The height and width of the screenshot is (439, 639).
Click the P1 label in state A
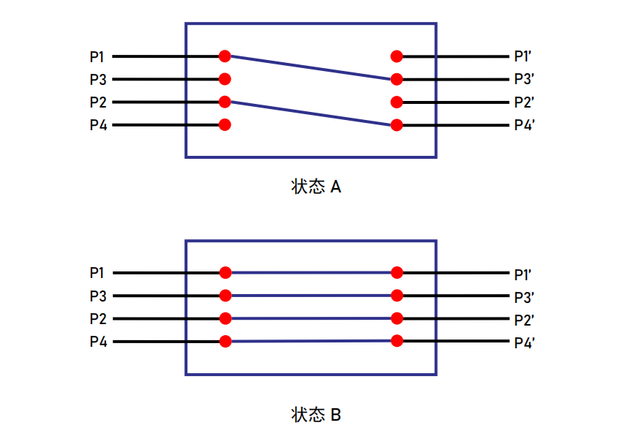pyautogui.click(x=97, y=56)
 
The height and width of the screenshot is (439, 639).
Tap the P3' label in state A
pyautogui.click(x=524, y=79)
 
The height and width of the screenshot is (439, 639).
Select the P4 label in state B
pyautogui.click(x=98, y=342)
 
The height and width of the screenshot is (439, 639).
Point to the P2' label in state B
pyautogui.click(x=524, y=320)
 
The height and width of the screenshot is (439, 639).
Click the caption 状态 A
pyautogui.click(x=316, y=187)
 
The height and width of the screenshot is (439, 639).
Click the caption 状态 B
pyautogui.click(x=316, y=415)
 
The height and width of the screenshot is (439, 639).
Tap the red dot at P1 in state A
pyautogui.click(x=225, y=56)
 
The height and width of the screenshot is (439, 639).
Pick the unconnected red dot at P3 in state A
pyautogui.click(x=225, y=79)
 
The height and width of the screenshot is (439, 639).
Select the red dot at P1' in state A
pyautogui.click(x=397, y=56)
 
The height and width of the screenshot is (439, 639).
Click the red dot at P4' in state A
pyautogui.click(x=397, y=125)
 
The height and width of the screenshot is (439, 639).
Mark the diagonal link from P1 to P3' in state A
pyautogui.click(x=310, y=67)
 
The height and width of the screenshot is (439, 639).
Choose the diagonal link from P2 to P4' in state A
pyautogui.click(x=310, y=113)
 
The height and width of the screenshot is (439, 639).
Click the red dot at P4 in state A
pyautogui.click(x=225, y=124)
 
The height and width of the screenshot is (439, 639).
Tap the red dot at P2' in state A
pyautogui.click(x=397, y=102)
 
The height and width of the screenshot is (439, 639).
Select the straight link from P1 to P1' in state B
pyautogui.click(x=311, y=272)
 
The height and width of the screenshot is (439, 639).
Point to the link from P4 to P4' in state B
pyautogui.click(x=311, y=341)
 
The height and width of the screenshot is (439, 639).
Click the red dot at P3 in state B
pyautogui.click(x=225, y=296)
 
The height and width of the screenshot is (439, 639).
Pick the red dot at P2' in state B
pyautogui.click(x=397, y=318)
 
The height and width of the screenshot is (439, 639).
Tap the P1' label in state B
pyautogui.click(x=523, y=275)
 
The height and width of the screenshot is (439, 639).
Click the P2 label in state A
pyautogui.click(x=98, y=102)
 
